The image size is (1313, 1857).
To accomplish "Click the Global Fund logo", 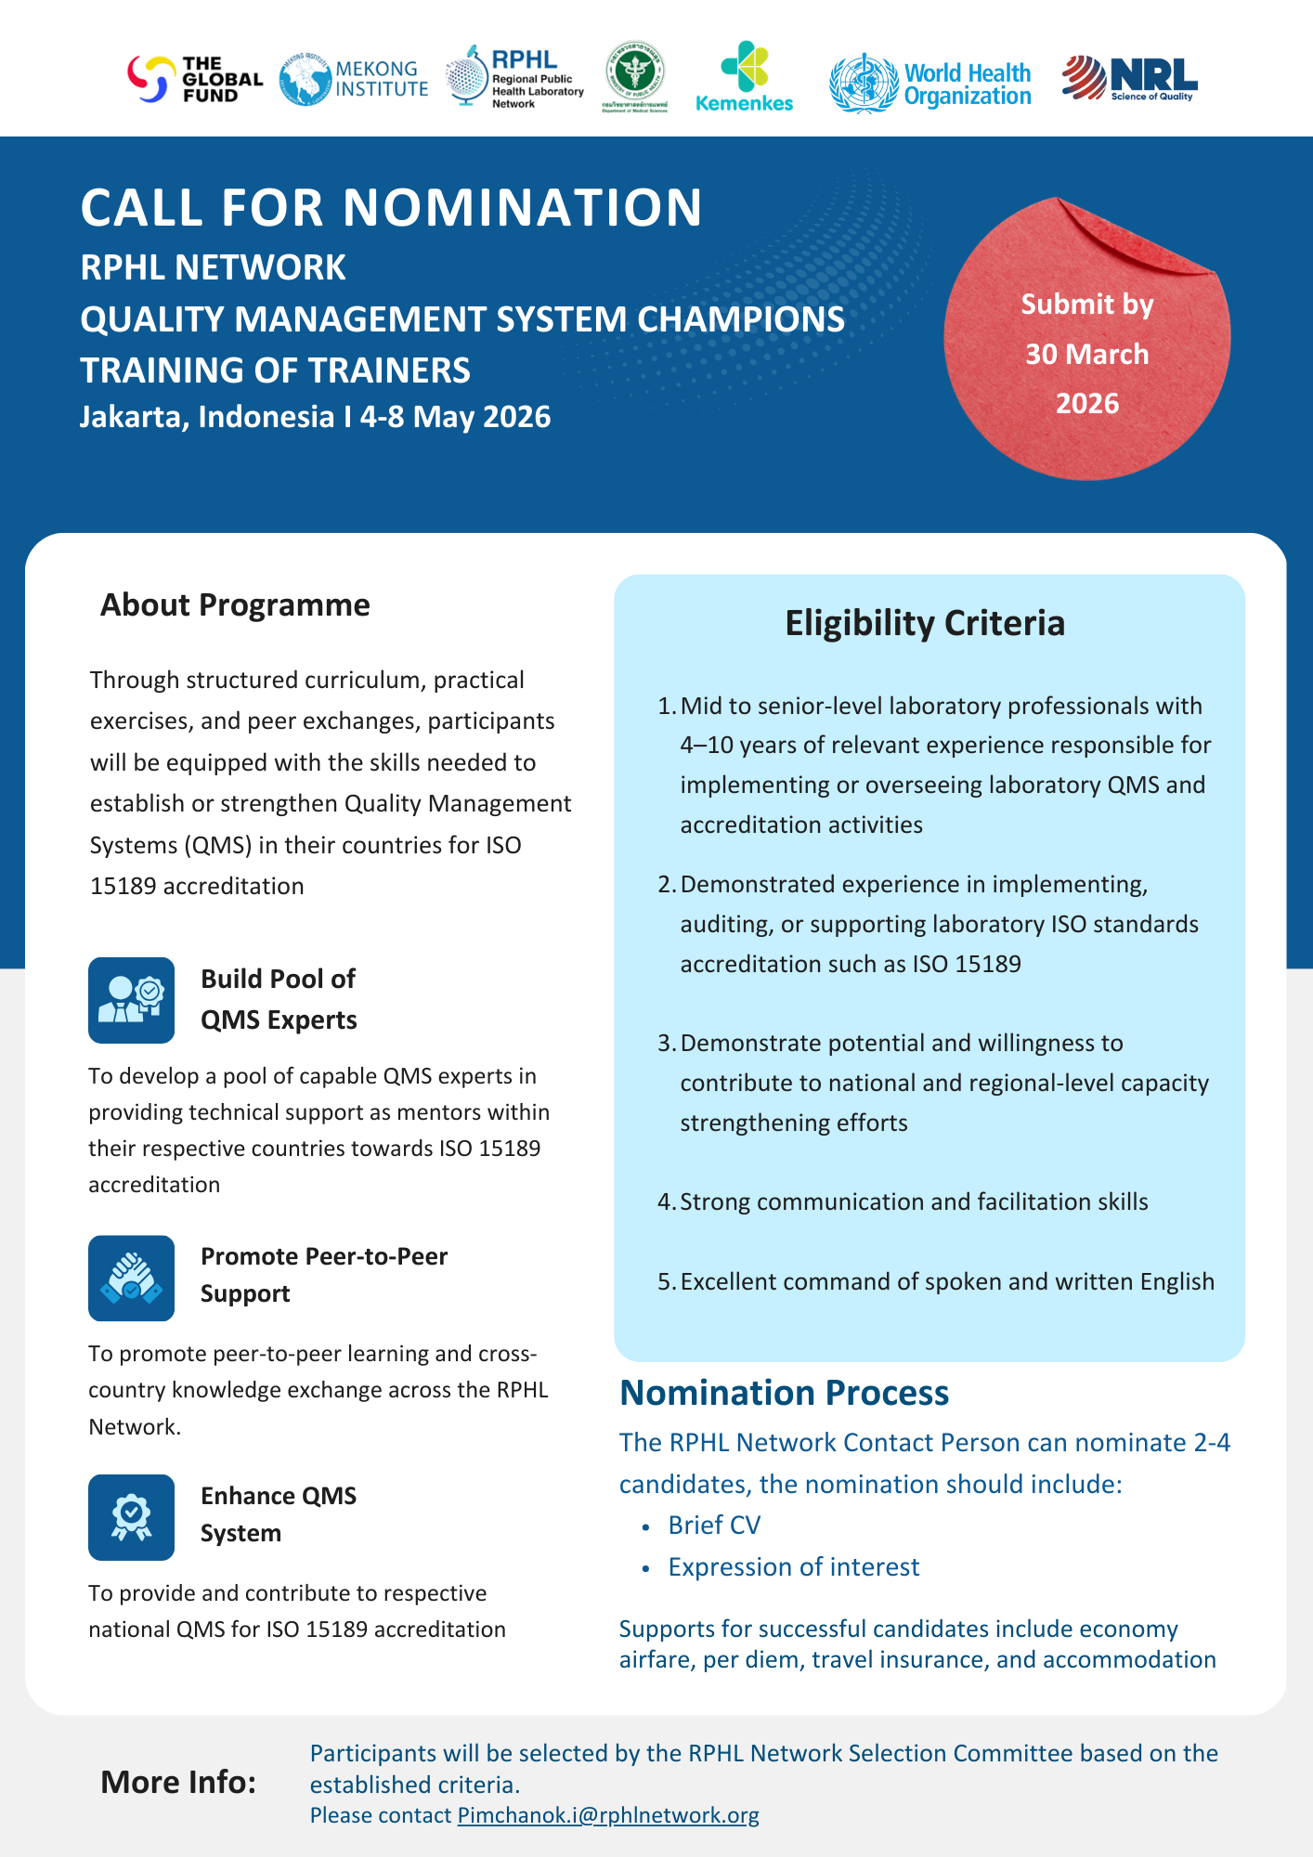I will tap(194, 79).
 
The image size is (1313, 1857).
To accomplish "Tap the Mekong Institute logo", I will tap(354, 80).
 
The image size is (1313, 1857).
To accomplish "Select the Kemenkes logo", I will tap(744, 77).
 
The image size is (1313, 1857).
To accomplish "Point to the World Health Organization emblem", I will tap(864, 84).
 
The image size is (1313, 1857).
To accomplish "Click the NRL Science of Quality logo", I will tap(1130, 78).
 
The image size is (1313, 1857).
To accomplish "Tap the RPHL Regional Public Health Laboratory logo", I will tap(514, 78).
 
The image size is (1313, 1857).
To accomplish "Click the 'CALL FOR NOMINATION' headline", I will tap(391, 207).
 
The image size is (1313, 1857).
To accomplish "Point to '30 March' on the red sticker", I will tap(1086, 354).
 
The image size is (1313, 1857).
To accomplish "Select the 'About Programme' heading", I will tap(235, 604).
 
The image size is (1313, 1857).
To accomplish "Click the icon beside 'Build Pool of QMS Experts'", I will tap(131, 1000).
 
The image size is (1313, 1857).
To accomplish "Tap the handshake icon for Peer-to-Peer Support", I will tap(131, 1278).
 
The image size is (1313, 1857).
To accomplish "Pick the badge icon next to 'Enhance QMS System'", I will tap(131, 1517).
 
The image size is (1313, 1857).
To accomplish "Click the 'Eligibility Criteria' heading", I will tap(924, 623).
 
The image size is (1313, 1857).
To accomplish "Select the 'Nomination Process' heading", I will tap(784, 1393).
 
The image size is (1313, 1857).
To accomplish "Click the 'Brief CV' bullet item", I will tap(713, 1525).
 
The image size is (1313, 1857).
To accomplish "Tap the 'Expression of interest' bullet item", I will tap(793, 1566).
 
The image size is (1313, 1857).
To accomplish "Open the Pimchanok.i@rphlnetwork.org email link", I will tap(608, 1815).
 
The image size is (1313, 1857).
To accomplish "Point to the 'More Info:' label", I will tap(178, 1782).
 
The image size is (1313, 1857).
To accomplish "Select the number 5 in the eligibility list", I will tap(665, 1281).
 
